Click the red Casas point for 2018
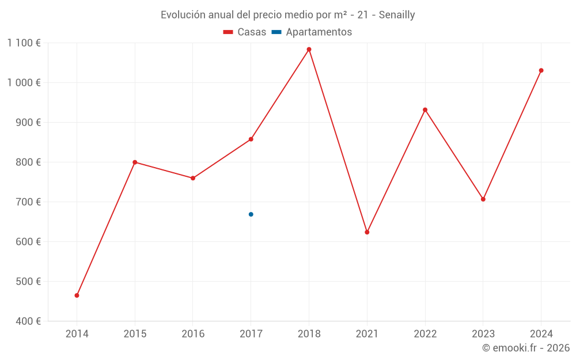coord(309,50)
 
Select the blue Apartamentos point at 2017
coord(251,214)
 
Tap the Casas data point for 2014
coord(77,295)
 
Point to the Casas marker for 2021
coord(367,232)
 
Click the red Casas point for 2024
coord(541,70)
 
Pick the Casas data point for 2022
coord(425,110)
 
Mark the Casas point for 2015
coord(135,162)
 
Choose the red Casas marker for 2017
coord(251,139)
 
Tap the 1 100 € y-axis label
coord(24,43)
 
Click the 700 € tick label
coord(29,202)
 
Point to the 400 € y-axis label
coord(29,321)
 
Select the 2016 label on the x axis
coord(193,334)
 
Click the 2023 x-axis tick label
coord(483,334)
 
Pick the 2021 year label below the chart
coord(367,334)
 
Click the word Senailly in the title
coord(397,15)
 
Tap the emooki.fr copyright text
coord(526,348)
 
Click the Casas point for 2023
coord(483,199)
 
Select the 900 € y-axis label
coord(29,122)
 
